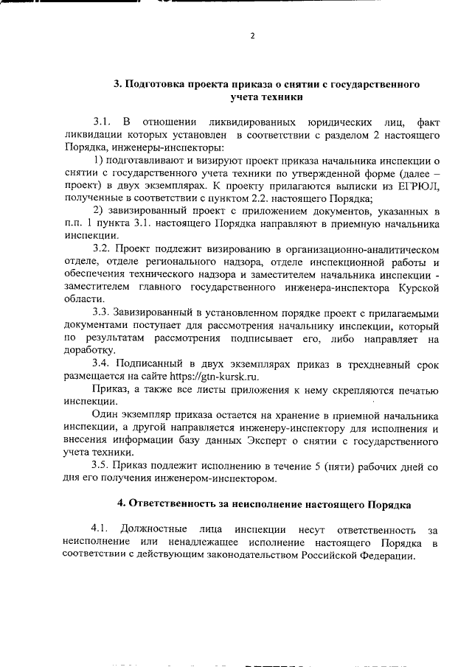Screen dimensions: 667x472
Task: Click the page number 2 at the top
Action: pos(252,36)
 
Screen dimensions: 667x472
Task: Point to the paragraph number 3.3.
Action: pos(104,312)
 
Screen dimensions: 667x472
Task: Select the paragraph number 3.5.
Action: pos(104,466)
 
